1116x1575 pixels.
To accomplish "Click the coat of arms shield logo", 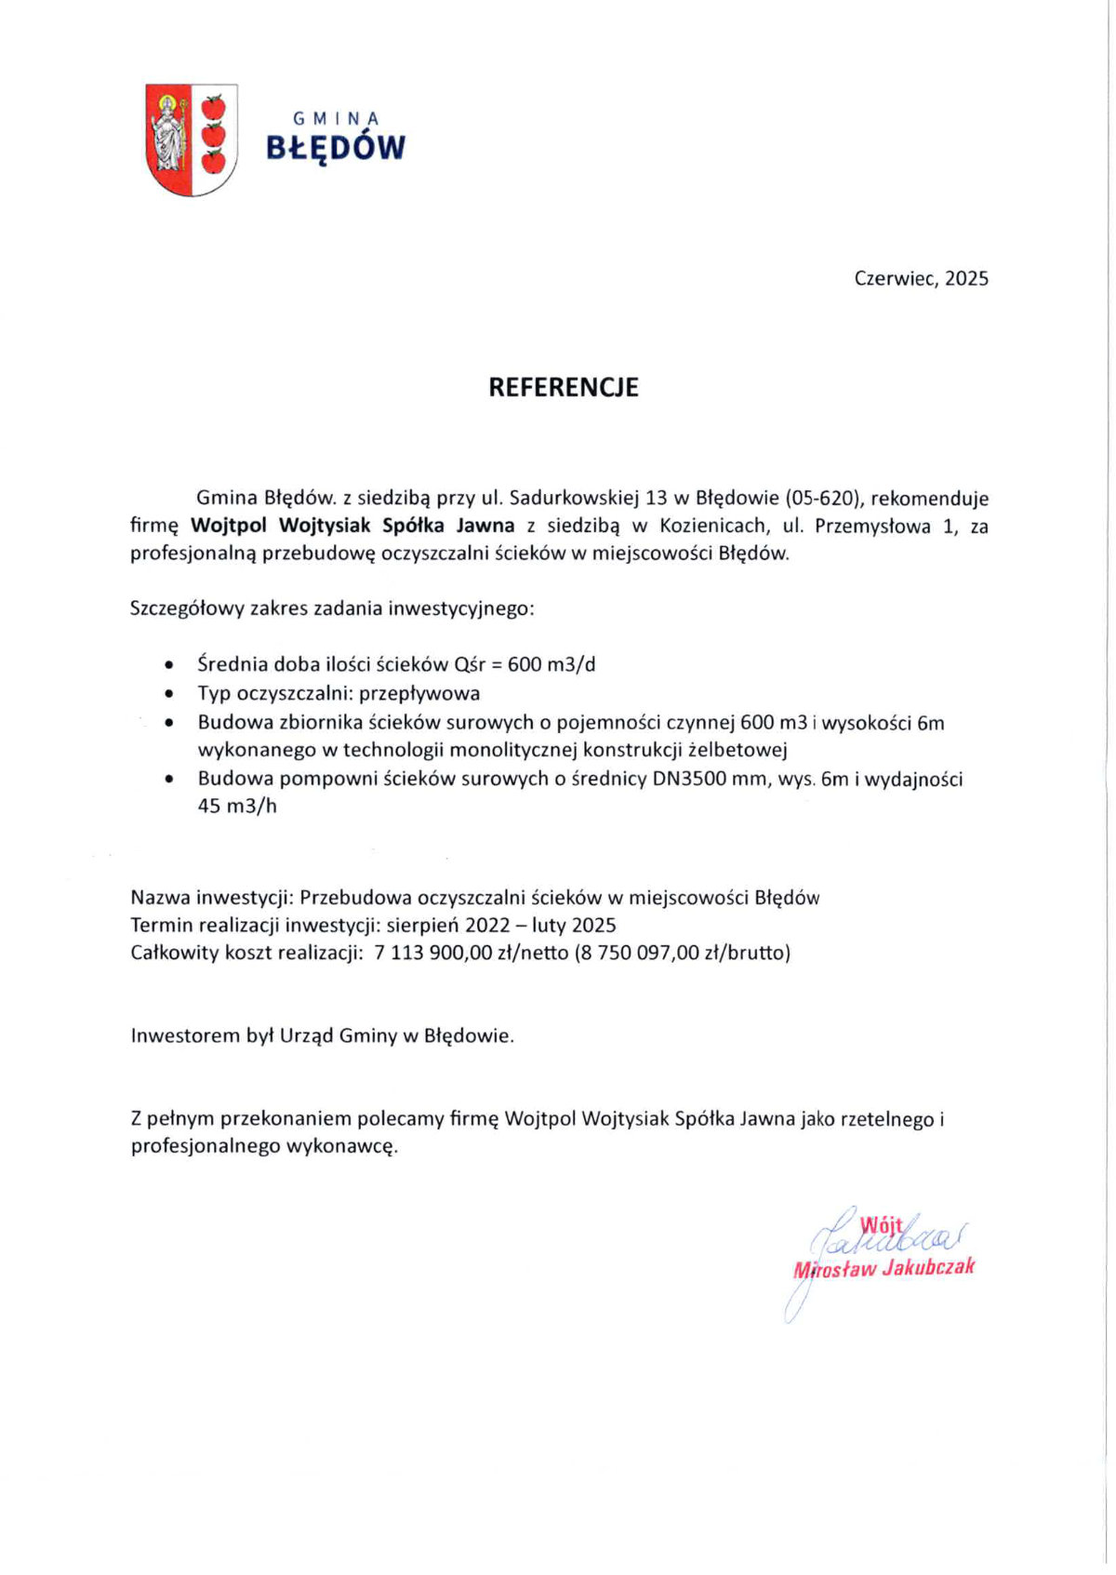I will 192,140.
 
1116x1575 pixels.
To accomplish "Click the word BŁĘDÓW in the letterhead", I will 336,148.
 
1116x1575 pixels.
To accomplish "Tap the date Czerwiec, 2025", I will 921,278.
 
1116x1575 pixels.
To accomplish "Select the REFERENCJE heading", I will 564,387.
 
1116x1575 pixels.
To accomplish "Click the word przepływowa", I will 419,693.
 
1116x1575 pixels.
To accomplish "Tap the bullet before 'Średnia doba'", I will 168,666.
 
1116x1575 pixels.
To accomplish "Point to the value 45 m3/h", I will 237,806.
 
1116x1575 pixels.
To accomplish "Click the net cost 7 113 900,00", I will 432,952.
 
